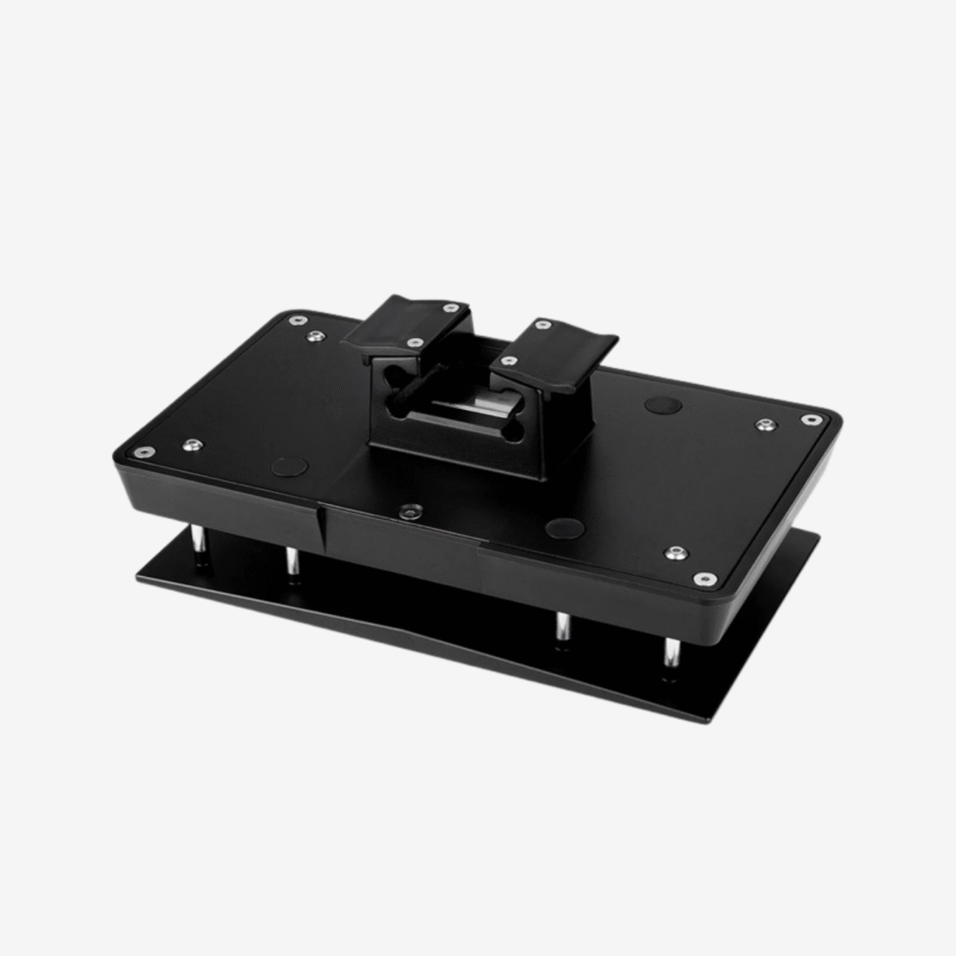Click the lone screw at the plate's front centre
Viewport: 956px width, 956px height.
pos(409,511)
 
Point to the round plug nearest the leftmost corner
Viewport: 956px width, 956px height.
pos(289,466)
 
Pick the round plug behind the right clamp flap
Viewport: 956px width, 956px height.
pos(663,405)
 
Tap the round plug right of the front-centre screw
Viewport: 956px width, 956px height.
pos(565,528)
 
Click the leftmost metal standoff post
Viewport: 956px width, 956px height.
pos(199,541)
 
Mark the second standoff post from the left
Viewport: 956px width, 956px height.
pos(292,563)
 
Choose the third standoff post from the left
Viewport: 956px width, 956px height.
pos(563,627)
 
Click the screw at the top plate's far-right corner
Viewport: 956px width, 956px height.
pos(812,420)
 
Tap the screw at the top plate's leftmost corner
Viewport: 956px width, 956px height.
pos(144,452)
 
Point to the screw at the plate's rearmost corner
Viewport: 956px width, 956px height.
pos(297,320)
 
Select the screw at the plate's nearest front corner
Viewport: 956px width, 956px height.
pos(706,580)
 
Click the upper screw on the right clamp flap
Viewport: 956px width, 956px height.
pos(543,325)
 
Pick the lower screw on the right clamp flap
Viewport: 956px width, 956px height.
pos(509,360)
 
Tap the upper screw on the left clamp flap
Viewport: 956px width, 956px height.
pos(451,307)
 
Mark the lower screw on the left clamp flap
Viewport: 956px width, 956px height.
pos(415,343)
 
